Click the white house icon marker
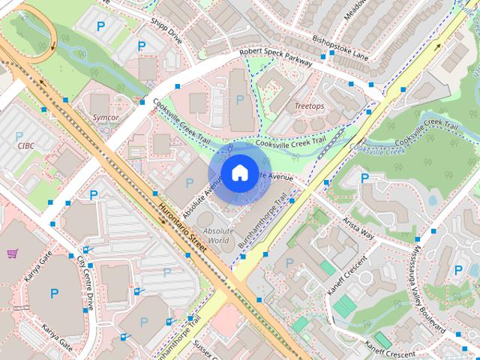pyautogui.click(x=238, y=172)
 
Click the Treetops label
pyautogui.click(x=309, y=107)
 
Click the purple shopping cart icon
pyautogui.click(x=12, y=254)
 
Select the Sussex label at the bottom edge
pyautogui.click(x=204, y=350)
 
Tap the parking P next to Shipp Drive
pyautogui.click(x=142, y=46)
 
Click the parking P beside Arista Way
pyautogui.click(x=364, y=178)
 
